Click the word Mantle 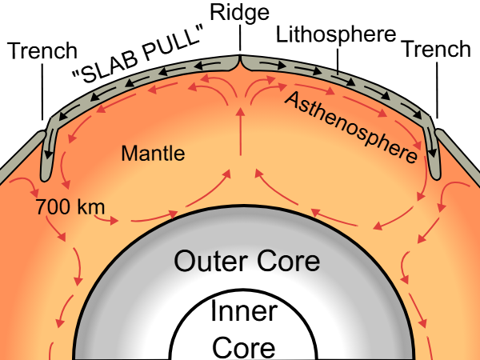coord(153,153)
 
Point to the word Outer coord(210,262)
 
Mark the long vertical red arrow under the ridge coord(240,132)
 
